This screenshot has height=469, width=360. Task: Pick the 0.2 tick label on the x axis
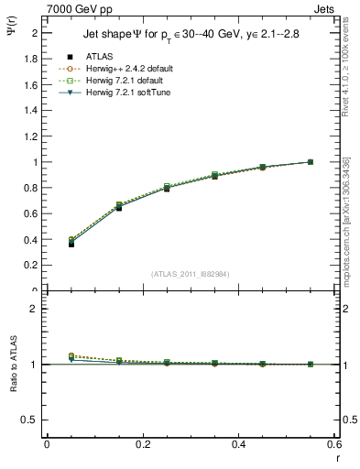point(143,444)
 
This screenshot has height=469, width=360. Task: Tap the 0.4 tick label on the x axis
point(238,444)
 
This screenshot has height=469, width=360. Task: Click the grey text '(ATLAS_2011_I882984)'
point(189,273)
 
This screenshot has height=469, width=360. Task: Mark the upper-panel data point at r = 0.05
point(71,244)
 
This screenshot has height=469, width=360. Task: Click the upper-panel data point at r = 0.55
point(311,162)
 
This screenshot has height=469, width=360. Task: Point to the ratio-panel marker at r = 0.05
point(71,356)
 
